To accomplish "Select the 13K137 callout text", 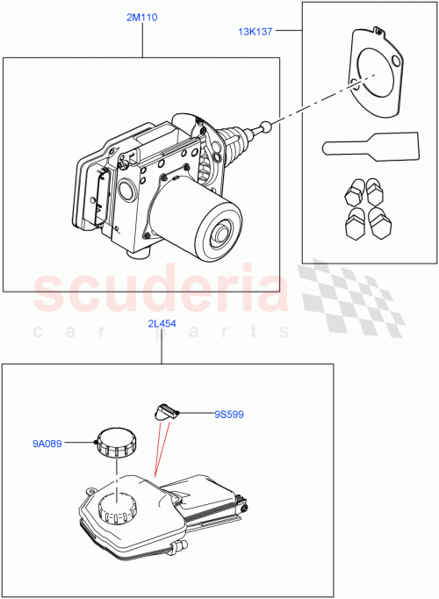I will pos(255,32).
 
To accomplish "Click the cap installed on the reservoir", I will pos(118,508).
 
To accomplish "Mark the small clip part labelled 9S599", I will pos(166,408).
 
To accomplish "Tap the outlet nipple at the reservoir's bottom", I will pos(181,549).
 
